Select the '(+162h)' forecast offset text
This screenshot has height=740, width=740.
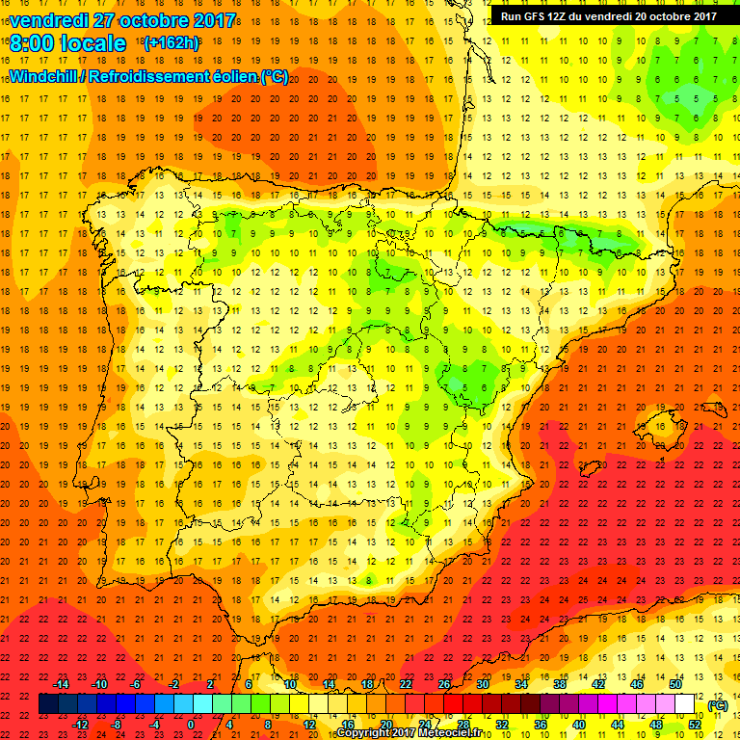[x=171, y=43]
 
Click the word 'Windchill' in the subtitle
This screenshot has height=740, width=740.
[x=44, y=77]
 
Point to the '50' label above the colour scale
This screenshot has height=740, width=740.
[x=675, y=684]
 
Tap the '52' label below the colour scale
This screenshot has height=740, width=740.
[x=693, y=725]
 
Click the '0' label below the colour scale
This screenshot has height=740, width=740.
[x=191, y=725]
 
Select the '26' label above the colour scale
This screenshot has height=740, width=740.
[x=444, y=684]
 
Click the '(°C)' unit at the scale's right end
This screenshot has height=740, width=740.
[x=717, y=705]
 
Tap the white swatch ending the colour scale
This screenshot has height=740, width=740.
[x=685, y=704]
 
